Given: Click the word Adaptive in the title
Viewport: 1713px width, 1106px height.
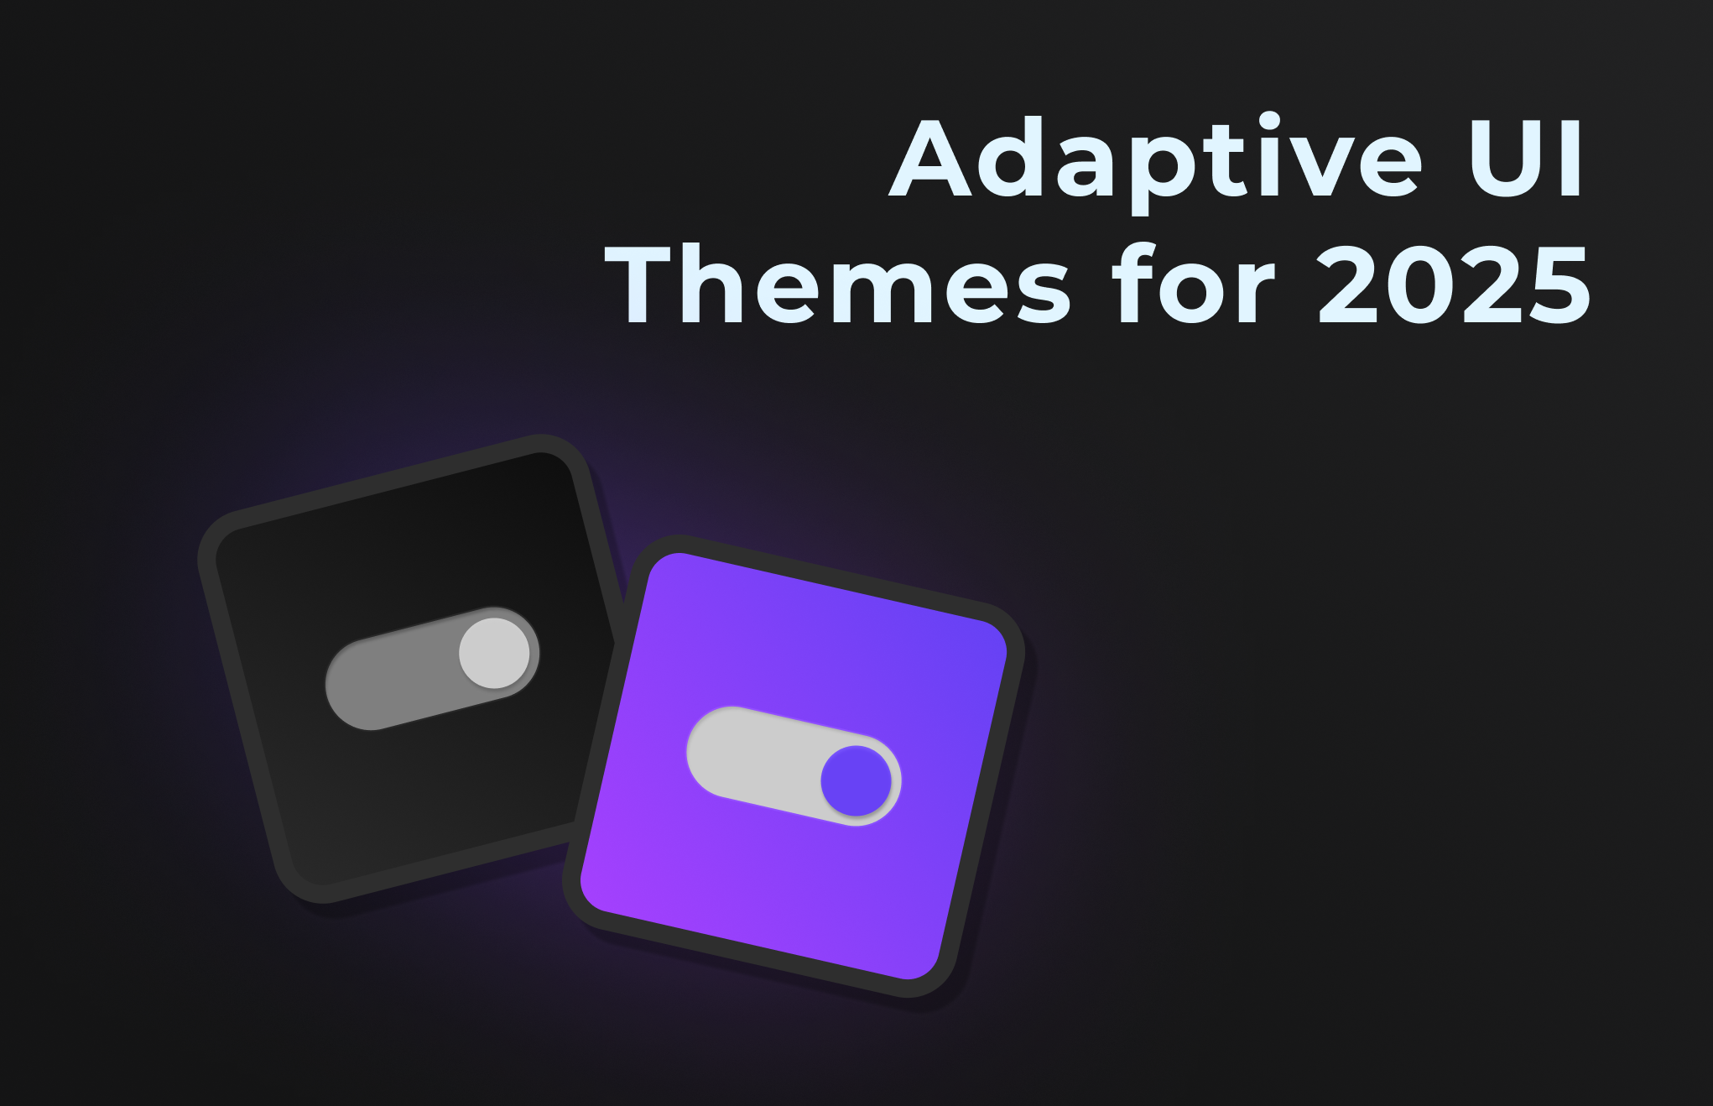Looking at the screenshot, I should click(x=1155, y=159).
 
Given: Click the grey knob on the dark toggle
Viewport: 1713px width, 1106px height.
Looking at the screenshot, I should click(x=494, y=653).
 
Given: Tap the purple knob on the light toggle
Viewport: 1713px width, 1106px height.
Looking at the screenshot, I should click(x=856, y=780).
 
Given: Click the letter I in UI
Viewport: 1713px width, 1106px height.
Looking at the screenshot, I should click(x=1573, y=159).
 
